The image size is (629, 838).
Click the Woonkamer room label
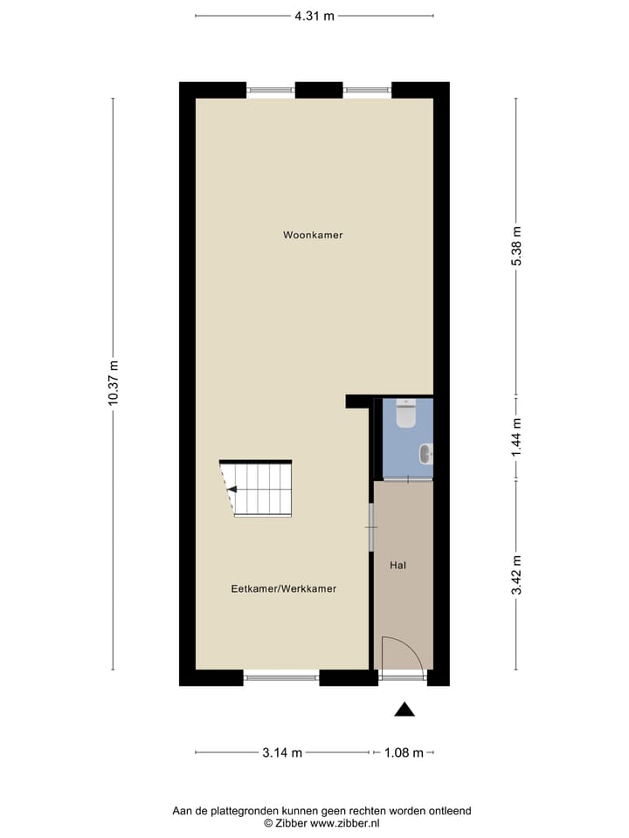coord(313,235)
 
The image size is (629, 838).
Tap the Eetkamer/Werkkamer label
coord(284,589)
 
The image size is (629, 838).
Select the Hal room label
coord(397,566)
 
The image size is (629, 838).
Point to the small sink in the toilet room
coord(425,454)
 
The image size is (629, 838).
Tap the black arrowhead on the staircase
coord(232,490)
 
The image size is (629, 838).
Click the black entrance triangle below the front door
coord(404,710)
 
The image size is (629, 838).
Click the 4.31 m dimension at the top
coord(314,15)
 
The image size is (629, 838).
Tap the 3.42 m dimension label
coord(516,574)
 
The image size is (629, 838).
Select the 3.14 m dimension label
coord(282,753)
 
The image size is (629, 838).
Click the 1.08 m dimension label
coord(404,753)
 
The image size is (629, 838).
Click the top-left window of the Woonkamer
coord(271,89)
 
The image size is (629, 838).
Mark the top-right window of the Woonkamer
coord(367,89)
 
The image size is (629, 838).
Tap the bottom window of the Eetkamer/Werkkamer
coord(281,677)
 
